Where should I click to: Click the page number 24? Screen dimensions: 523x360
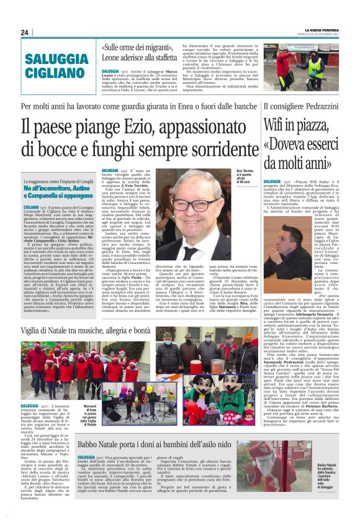[25, 32]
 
